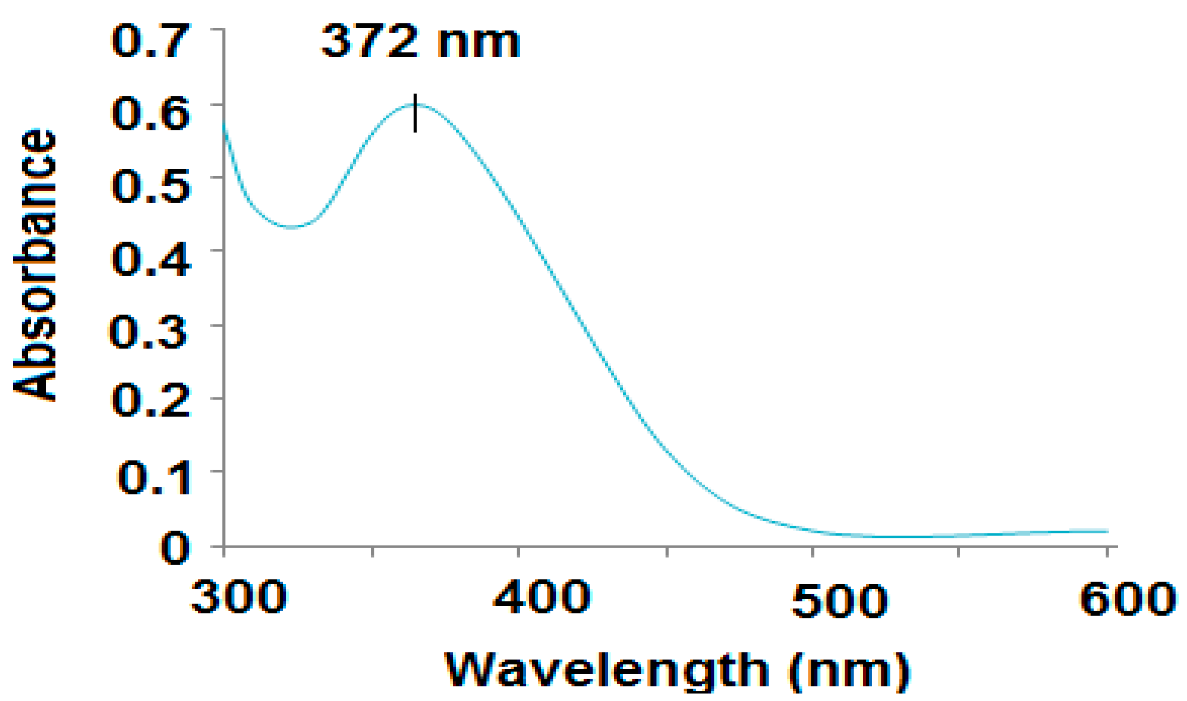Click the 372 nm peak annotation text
420,42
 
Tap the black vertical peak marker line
415,113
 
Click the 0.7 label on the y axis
151,41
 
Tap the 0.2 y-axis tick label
151,401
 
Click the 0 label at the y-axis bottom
175,549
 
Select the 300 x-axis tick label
238,598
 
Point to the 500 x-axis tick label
839,601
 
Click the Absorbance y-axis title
34,264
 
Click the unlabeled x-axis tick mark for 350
373,551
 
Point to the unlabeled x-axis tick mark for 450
667,551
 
